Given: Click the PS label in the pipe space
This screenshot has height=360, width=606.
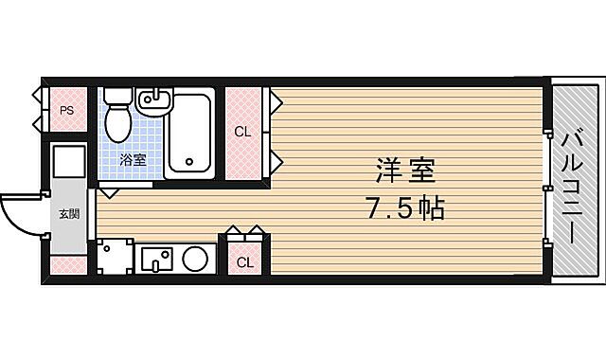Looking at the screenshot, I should coord(66,111).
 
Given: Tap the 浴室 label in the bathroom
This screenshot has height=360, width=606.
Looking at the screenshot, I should coord(133,160).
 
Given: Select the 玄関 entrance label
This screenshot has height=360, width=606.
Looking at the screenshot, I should coord(69,214).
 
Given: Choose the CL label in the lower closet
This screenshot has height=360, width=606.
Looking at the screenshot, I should coord(244,261).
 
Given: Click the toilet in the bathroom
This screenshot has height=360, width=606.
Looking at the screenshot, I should coord(118,120).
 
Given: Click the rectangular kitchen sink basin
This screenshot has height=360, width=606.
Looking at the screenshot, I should coord(157,258).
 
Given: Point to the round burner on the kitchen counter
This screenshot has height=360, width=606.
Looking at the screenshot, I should coord(196,258).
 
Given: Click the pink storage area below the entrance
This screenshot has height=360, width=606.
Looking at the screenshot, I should coord(69,264).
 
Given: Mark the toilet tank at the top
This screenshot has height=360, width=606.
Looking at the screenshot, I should coord(117,95).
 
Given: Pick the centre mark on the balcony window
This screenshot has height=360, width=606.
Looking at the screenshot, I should coord(548,188).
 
